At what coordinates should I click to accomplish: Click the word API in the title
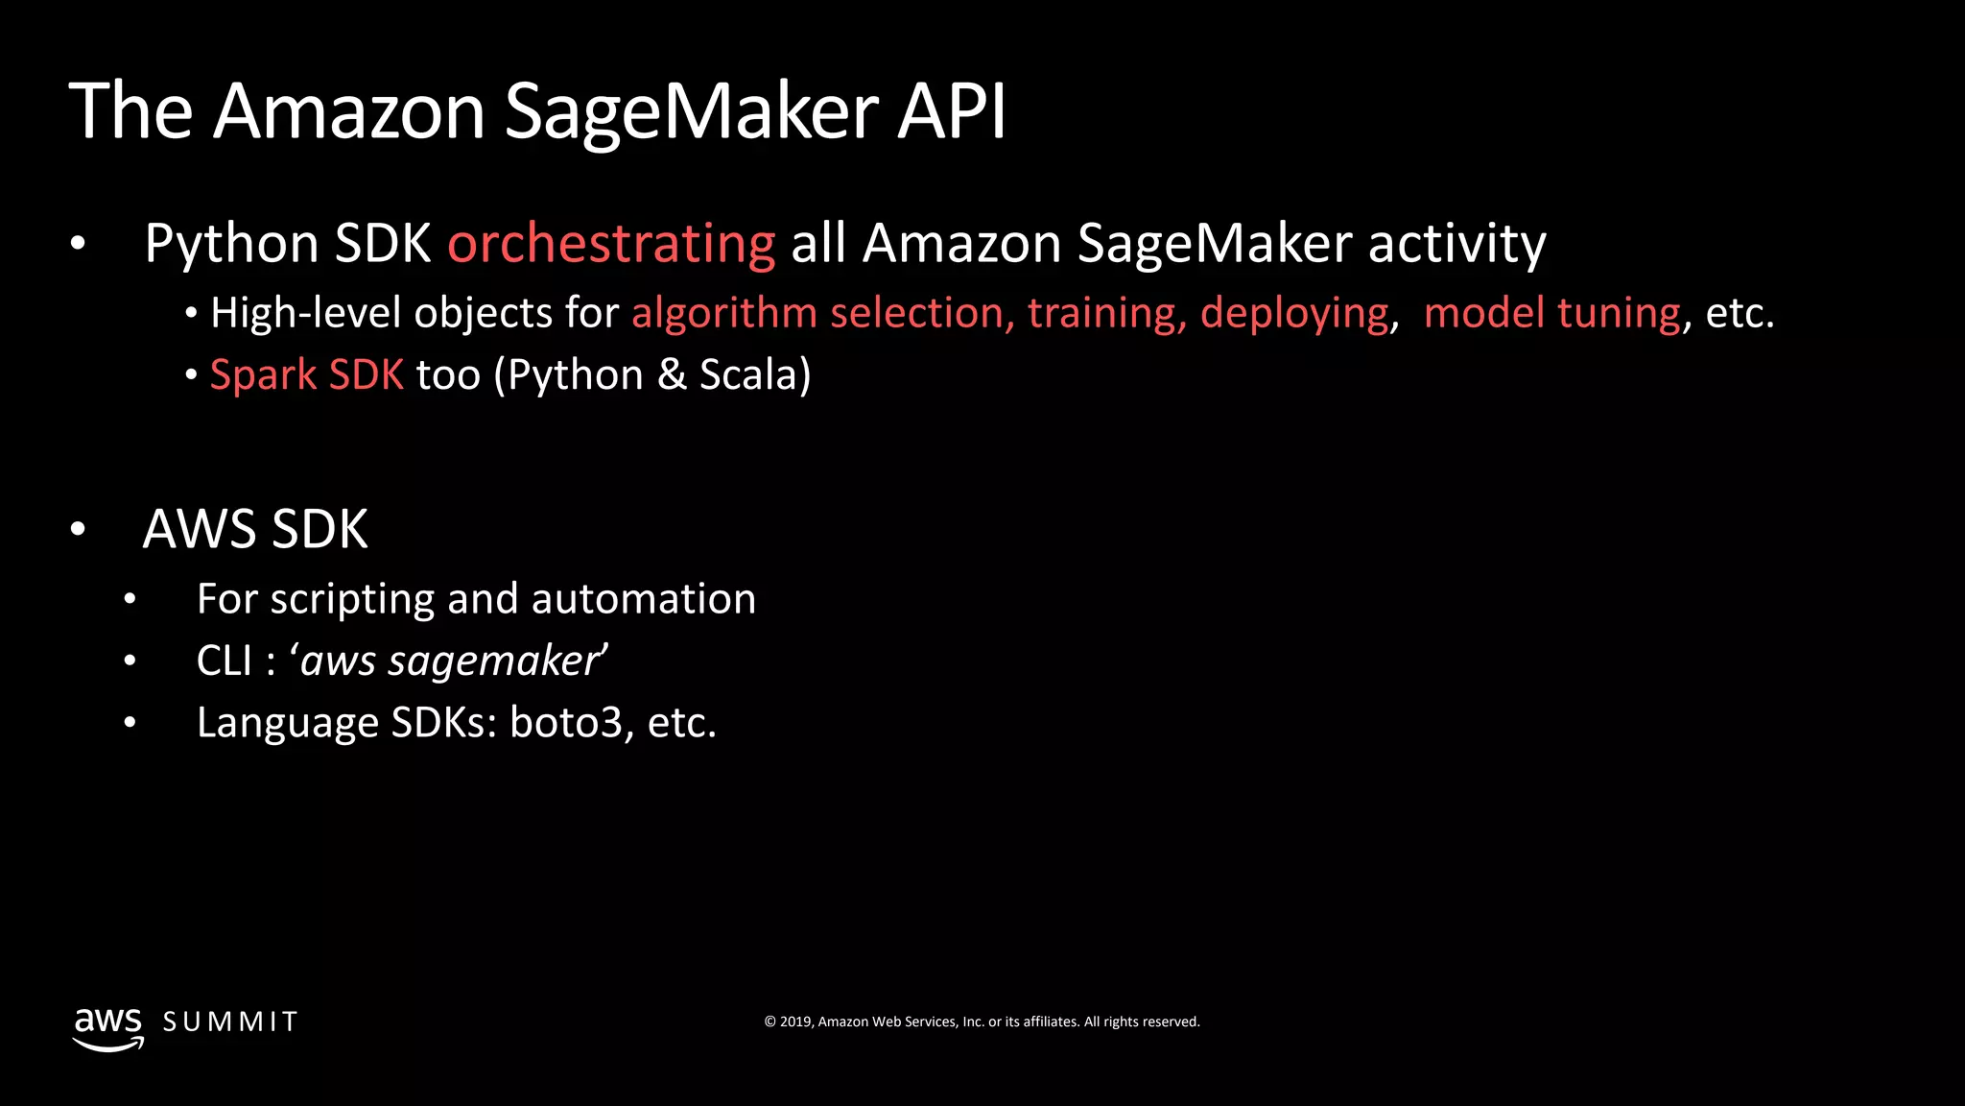[951, 111]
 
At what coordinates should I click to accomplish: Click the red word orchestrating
[611, 244]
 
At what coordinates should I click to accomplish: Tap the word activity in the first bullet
[1456, 244]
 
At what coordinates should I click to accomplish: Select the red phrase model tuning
[1551, 314]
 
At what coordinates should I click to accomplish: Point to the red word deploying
[1293, 314]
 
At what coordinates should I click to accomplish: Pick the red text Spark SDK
[306, 375]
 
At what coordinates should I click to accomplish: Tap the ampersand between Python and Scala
[672, 375]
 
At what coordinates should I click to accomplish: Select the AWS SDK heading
[255, 530]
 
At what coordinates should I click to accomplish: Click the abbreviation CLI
[224, 661]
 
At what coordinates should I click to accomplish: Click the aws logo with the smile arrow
[108, 1028]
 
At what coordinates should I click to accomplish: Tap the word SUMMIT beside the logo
[230, 1022]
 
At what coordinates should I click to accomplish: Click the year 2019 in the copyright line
[795, 1022]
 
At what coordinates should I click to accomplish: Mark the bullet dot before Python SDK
[78, 244]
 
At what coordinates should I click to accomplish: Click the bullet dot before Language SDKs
[130, 723]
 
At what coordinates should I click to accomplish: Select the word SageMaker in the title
[691, 111]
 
